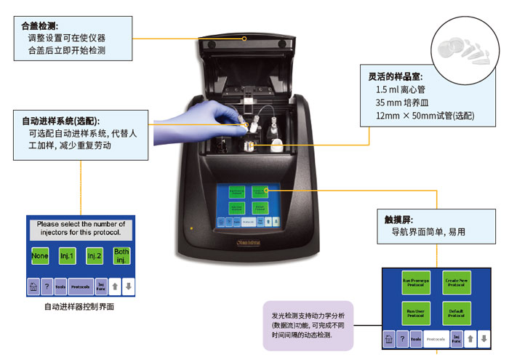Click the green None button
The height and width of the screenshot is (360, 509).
pyautogui.click(x=41, y=256)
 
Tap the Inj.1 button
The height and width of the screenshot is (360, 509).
pyautogui.click(x=68, y=256)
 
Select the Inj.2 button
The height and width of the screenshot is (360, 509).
pyautogui.click(x=95, y=256)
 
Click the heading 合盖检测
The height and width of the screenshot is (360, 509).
pyautogui.click(x=41, y=25)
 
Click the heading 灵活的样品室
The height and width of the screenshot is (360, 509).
pyautogui.click(x=395, y=76)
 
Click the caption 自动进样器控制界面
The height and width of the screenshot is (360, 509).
pyautogui.click(x=79, y=307)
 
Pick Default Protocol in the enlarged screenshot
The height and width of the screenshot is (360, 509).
pyautogui.click(x=457, y=313)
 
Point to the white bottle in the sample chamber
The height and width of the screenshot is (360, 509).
pyautogui.click(x=278, y=143)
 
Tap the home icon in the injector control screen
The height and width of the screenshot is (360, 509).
pyautogui.click(x=33, y=287)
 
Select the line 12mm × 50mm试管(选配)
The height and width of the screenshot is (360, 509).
pyautogui.click(x=424, y=116)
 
